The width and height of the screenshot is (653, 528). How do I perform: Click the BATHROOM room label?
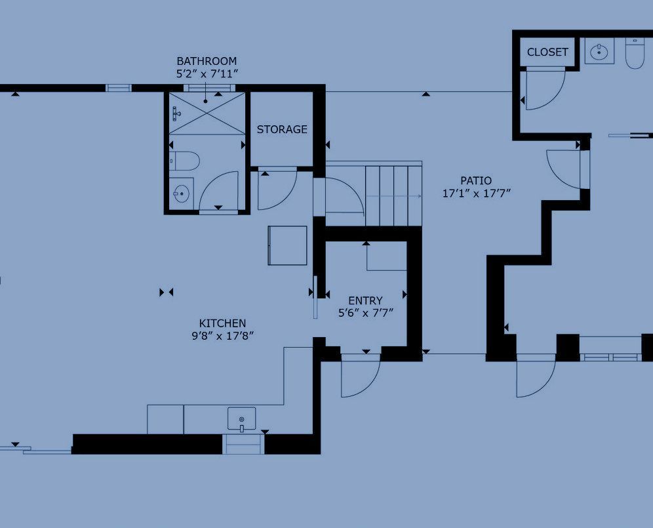click(x=207, y=61)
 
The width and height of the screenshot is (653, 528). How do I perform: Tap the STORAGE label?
click(x=282, y=129)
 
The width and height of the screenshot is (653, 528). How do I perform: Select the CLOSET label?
click(x=547, y=52)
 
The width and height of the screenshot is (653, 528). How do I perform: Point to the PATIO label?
click(x=476, y=181)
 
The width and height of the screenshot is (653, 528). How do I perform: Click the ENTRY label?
click(x=365, y=301)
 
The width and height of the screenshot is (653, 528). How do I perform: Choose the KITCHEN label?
click(x=222, y=323)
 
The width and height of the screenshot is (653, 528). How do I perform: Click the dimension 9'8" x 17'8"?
click(x=223, y=336)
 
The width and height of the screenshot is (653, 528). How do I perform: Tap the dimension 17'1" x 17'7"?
click(x=477, y=193)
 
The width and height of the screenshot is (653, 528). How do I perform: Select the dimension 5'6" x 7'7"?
click(x=366, y=313)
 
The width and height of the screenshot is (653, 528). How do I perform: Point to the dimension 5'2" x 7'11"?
click(x=207, y=73)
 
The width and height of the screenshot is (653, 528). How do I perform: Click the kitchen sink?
click(x=241, y=419)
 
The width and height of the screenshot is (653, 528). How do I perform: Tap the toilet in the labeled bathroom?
click(x=184, y=161)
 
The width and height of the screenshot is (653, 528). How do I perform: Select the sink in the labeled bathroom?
click(x=181, y=193)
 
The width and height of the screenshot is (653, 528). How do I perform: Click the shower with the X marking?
click(x=207, y=113)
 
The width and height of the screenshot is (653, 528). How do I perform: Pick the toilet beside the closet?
click(x=635, y=53)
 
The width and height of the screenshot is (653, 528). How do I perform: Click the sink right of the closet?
click(x=599, y=52)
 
